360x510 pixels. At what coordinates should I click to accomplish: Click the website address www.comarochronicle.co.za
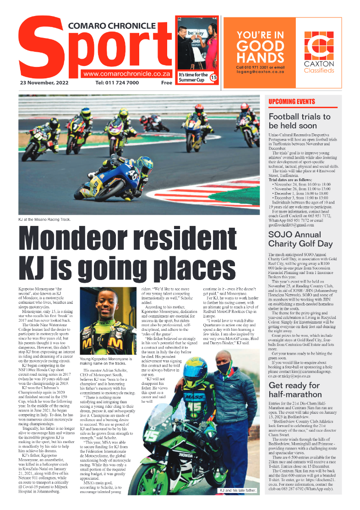click(x=127, y=73)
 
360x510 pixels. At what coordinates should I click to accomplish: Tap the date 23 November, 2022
click(x=44, y=83)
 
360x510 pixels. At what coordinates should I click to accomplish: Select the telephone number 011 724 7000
click(x=117, y=83)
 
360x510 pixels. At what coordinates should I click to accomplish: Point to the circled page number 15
click(x=213, y=78)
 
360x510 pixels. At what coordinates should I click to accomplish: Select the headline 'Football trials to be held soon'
click(x=299, y=121)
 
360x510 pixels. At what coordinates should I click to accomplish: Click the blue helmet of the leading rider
click(x=145, y=165)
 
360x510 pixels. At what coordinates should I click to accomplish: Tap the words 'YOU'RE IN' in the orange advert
click(x=260, y=35)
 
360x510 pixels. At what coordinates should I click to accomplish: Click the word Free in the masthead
click(x=166, y=83)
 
